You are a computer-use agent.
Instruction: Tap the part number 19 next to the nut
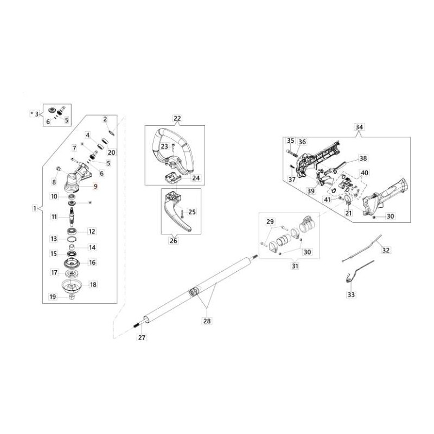click(53, 296)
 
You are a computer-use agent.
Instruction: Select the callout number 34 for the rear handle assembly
click(359, 127)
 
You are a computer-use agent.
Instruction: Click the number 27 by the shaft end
click(142, 337)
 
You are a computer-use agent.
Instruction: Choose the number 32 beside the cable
click(386, 250)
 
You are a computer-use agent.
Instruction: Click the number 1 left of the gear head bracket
click(35, 208)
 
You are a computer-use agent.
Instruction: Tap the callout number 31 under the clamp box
click(280, 266)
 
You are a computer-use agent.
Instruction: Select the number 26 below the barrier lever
click(174, 241)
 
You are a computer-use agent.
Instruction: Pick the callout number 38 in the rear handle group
click(363, 159)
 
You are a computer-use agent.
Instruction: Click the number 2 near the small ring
click(105, 118)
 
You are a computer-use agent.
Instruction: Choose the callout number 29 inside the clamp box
click(270, 222)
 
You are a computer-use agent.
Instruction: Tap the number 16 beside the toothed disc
click(92, 262)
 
